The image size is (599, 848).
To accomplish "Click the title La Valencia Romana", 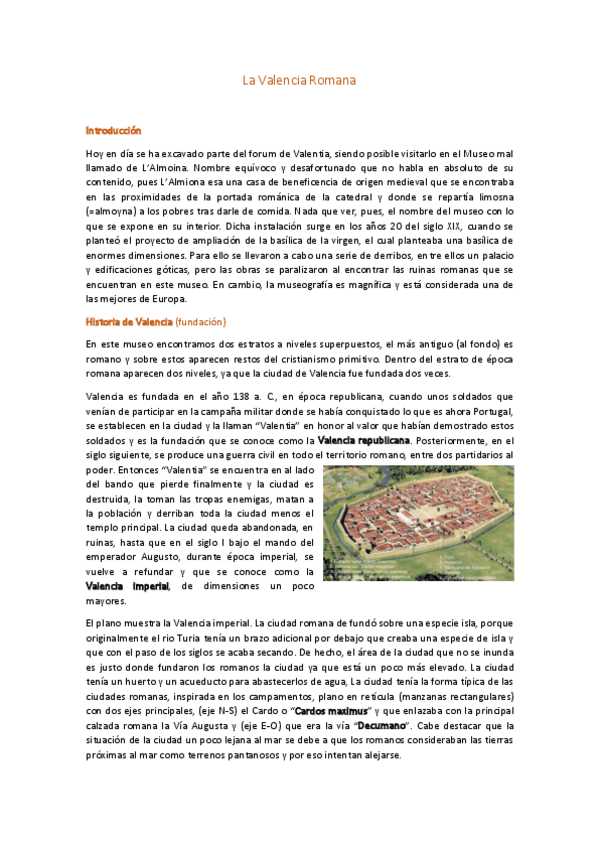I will [299, 79].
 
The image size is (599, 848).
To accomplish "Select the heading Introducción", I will [113, 131].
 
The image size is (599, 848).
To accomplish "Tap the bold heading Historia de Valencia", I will [129, 321].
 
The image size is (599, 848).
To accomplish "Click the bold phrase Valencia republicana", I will [363, 440].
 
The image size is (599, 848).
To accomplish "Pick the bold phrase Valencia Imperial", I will [128, 586].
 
